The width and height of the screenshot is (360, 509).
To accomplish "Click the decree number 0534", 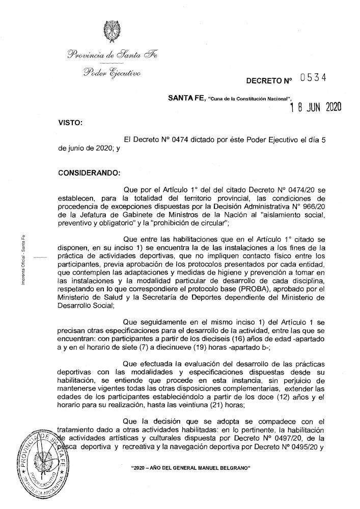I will [x=312, y=78].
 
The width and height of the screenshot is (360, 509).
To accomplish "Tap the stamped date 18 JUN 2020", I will [x=315, y=107].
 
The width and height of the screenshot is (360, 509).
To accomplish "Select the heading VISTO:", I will [x=70, y=123].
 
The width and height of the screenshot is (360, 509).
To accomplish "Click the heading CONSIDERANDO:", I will [x=89, y=172].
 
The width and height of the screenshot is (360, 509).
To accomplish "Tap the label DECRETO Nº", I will [x=270, y=80].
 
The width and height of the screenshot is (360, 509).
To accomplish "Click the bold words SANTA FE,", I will [x=186, y=98].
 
